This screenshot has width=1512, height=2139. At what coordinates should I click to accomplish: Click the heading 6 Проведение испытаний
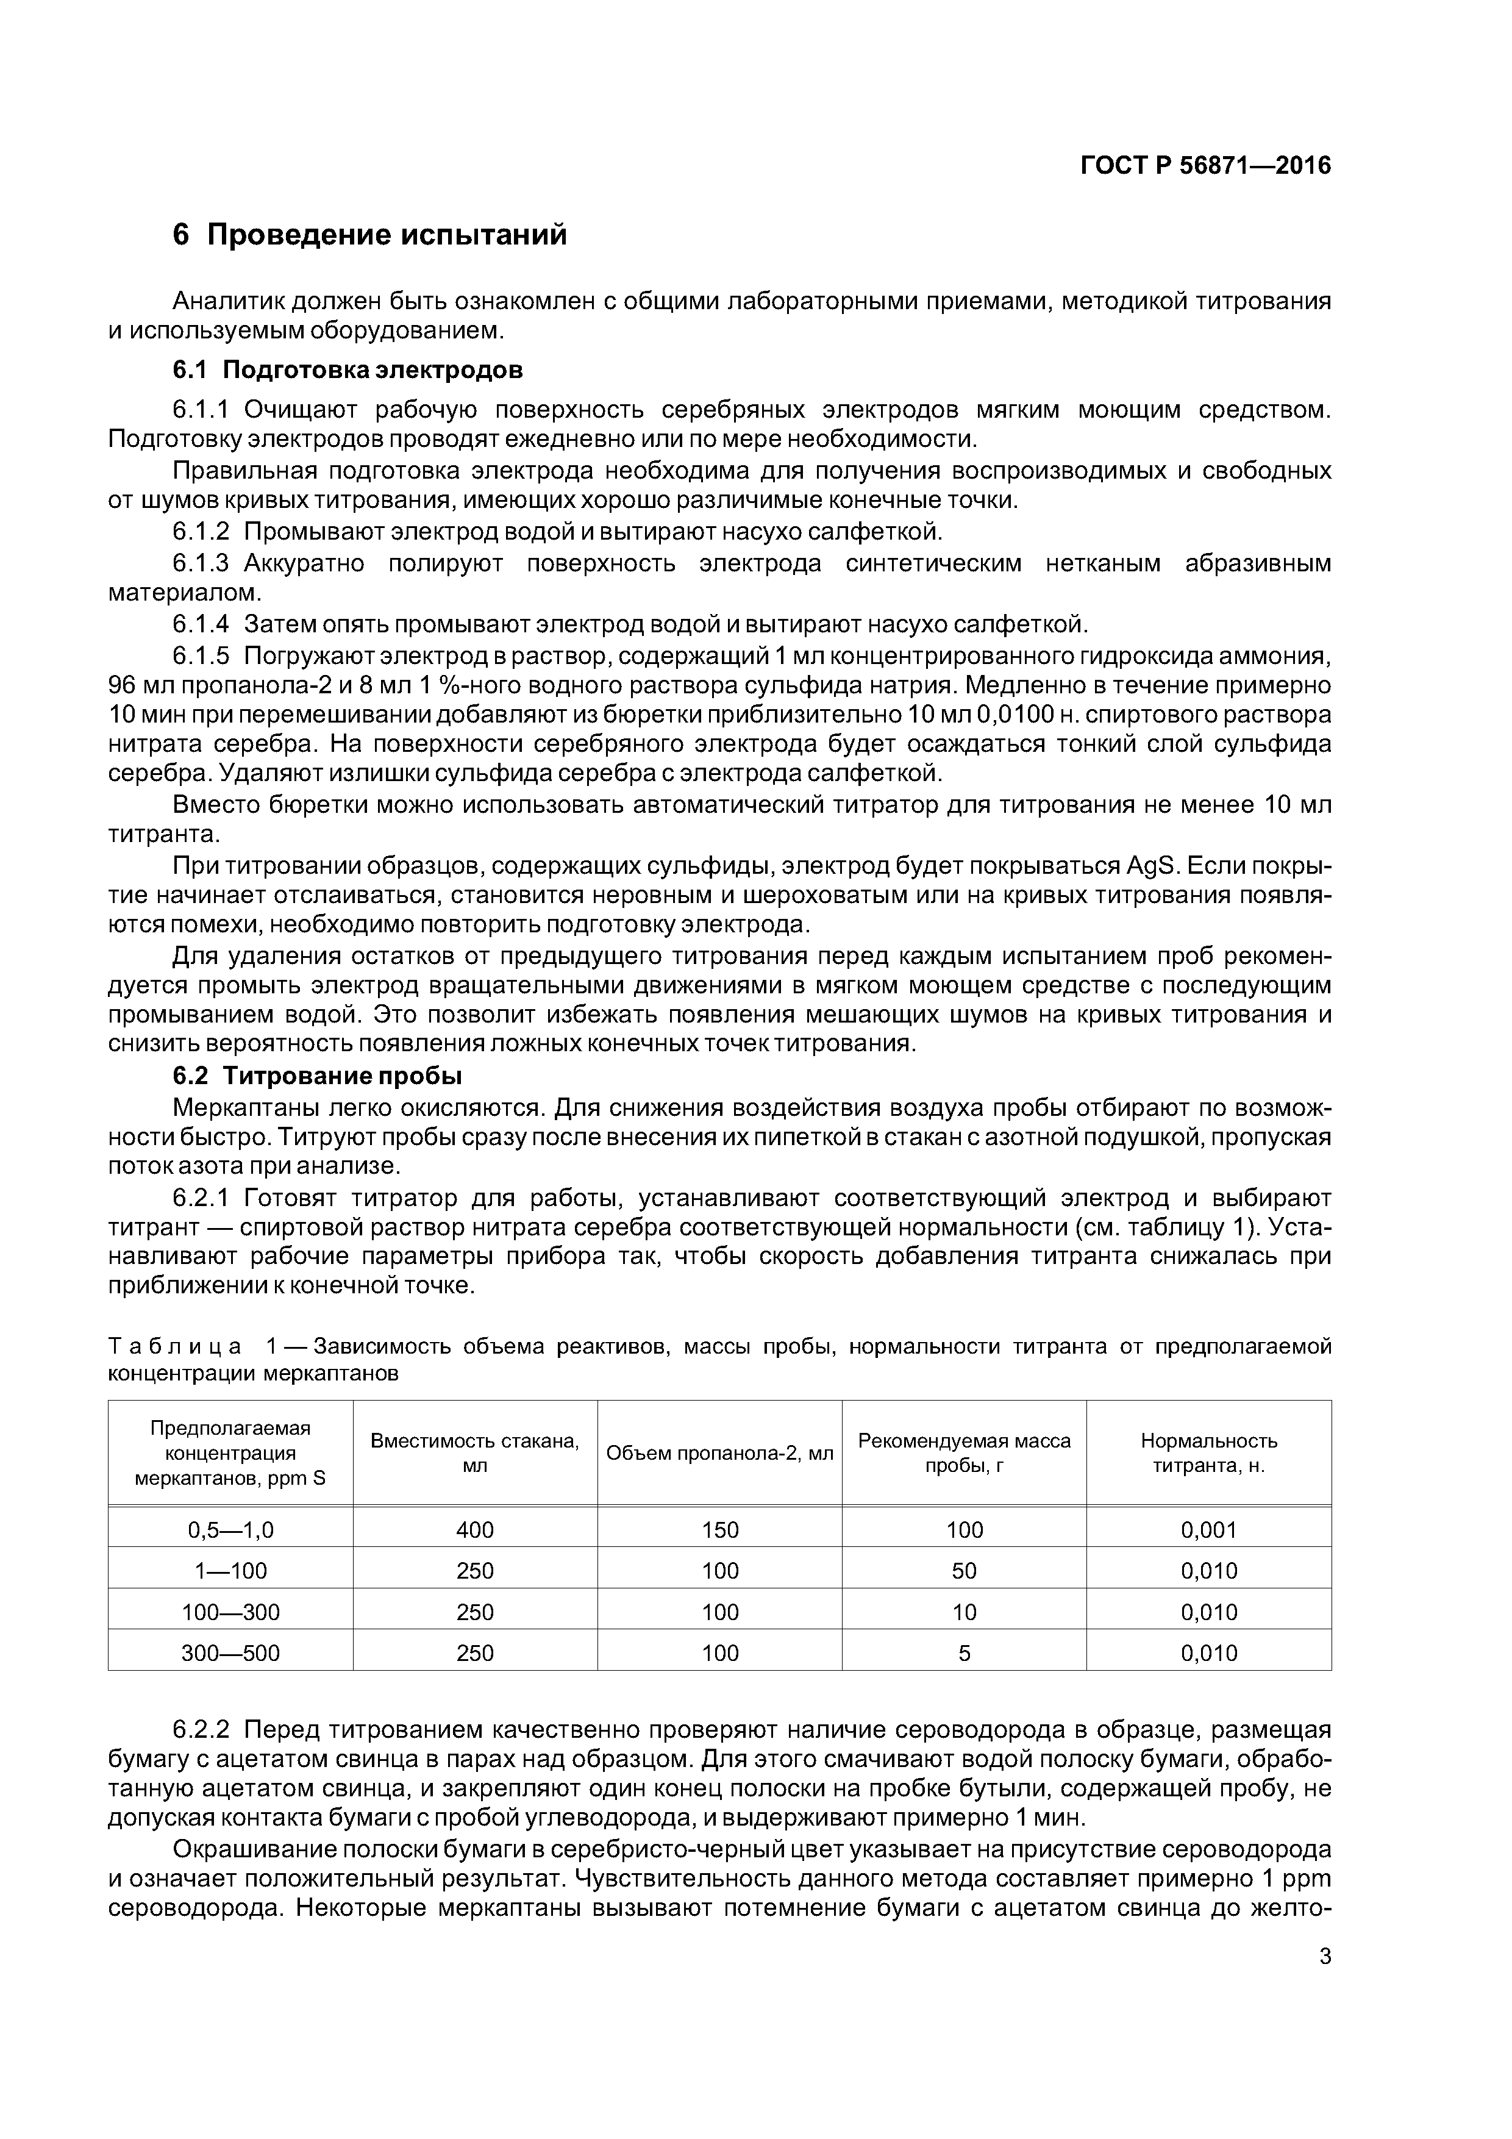click(370, 235)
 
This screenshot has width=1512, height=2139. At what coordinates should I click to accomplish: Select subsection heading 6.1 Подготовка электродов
click(348, 370)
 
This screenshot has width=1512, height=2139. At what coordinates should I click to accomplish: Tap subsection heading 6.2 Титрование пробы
click(318, 1076)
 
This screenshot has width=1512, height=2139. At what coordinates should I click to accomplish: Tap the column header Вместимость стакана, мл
click(475, 1452)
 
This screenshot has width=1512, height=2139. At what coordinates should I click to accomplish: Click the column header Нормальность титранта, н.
click(1208, 1452)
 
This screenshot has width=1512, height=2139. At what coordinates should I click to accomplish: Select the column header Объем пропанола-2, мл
click(719, 1453)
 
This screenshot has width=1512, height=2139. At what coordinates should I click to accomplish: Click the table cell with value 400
click(475, 1530)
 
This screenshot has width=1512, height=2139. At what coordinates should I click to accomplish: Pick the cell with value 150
click(719, 1530)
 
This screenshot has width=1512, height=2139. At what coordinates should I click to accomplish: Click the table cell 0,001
click(1208, 1530)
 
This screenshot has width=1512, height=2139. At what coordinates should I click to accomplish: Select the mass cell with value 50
click(965, 1571)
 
